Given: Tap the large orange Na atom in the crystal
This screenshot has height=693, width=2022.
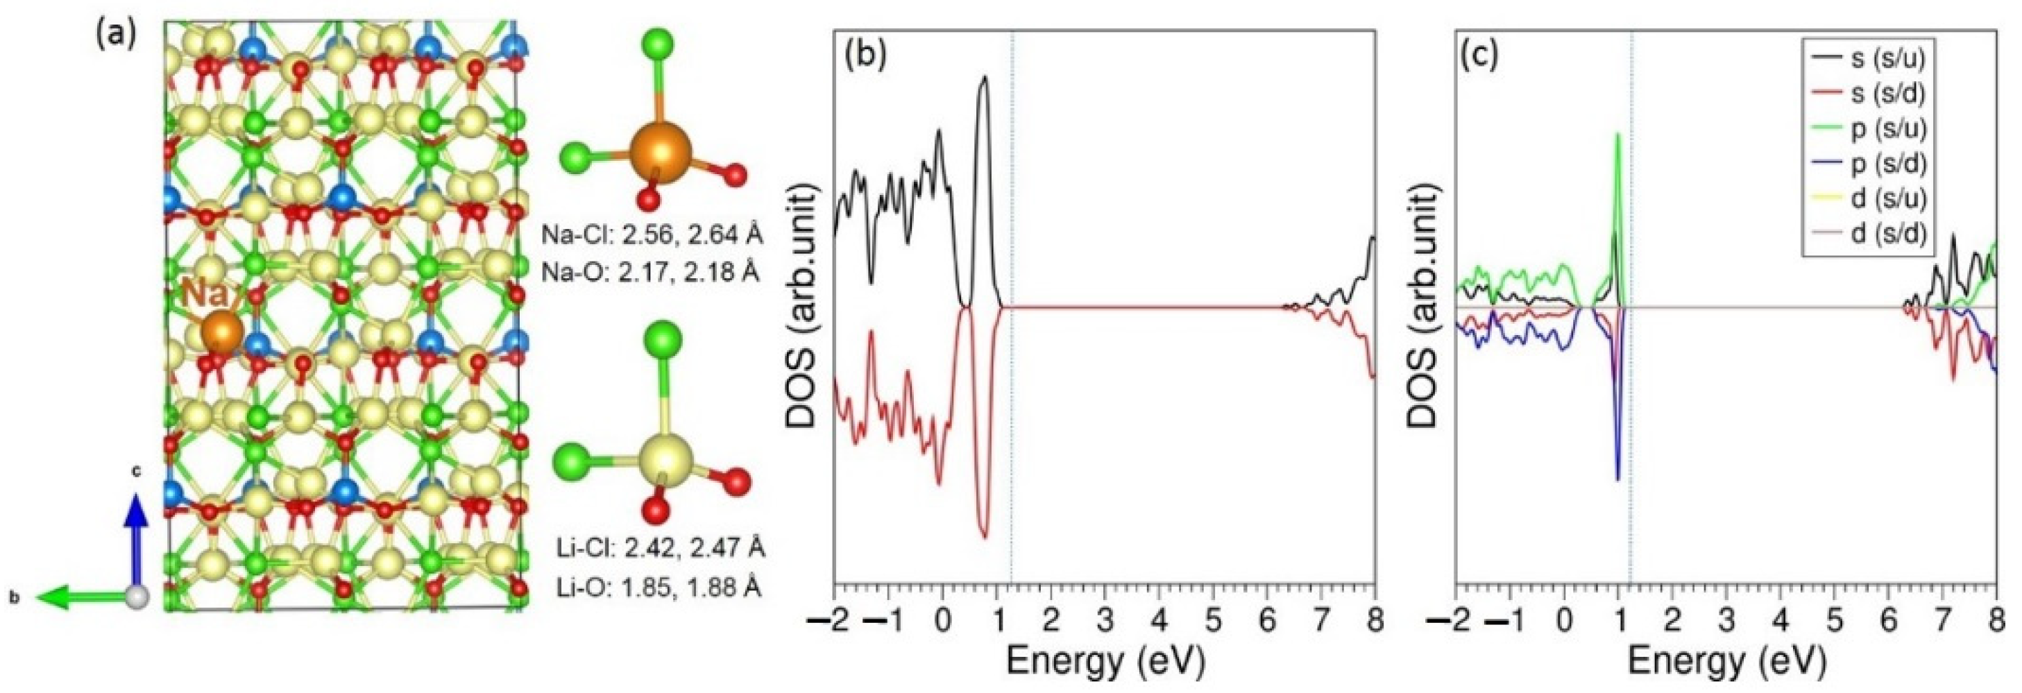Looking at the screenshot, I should [222, 333].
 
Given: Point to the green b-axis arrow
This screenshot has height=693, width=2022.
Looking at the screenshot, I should [78, 598].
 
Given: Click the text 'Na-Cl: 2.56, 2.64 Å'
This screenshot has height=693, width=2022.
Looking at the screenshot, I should [652, 234].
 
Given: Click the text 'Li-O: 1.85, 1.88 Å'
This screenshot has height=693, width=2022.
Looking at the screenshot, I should [651, 587].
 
